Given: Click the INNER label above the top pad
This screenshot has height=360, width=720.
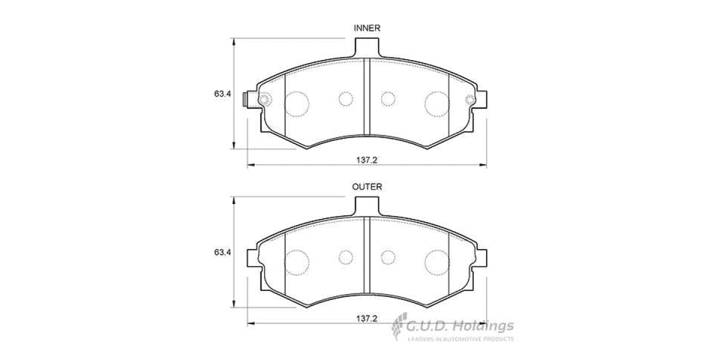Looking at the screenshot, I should [x=367, y=28].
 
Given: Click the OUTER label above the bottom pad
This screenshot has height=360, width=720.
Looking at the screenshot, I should [x=367, y=187].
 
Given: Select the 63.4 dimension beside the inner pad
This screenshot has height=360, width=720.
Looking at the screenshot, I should [x=222, y=94].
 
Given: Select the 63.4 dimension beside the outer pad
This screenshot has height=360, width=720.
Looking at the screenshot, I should [x=222, y=253].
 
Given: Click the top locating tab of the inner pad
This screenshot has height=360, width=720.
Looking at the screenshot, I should [x=367, y=47].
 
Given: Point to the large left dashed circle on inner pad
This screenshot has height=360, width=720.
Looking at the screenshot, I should [x=297, y=104].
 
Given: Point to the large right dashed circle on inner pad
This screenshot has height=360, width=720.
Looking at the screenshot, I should [x=437, y=103].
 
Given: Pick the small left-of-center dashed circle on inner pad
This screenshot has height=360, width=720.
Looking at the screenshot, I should [x=345, y=98].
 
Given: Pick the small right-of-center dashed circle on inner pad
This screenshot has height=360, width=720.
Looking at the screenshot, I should [x=388, y=98].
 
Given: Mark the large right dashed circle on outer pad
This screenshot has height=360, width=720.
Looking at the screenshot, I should [x=437, y=262].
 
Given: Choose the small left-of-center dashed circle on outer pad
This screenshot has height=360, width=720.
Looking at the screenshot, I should [x=345, y=257].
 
